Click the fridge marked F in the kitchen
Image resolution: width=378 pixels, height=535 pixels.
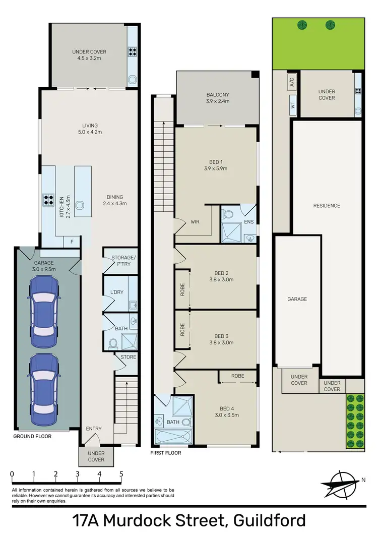pyautogui.click(x=72, y=242)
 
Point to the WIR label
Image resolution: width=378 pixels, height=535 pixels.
pyautogui.click(x=196, y=221)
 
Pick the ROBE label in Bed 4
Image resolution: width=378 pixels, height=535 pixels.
pyautogui.click(x=238, y=376)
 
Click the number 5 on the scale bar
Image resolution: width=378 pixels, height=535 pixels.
pyautogui.click(x=121, y=474)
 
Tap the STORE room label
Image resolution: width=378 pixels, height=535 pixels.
pyautogui.click(x=128, y=357)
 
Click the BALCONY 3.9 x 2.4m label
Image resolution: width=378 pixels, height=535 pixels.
pyautogui.click(x=218, y=98)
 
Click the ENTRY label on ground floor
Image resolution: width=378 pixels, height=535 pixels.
pyautogui.click(x=94, y=429)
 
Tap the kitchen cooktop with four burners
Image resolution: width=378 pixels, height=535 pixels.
pyautogui.click(x=49, y=201)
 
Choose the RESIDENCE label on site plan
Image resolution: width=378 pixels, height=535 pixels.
pyautogui.click(x=327, y=206)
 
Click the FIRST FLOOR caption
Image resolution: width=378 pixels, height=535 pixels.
pyautogui.click(x=165, y=453)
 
